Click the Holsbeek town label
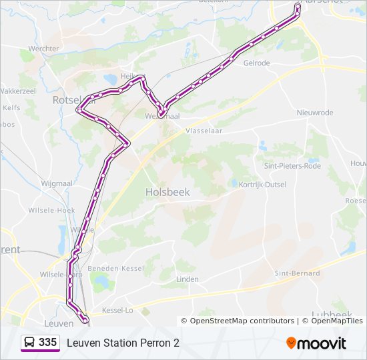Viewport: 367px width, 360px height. tap(167, 192)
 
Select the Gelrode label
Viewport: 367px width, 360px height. tap(257, 63)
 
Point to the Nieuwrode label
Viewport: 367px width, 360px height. tap(315, 113)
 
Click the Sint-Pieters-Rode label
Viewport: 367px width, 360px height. tap(292, 165)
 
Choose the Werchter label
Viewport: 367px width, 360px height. tap(43, 49)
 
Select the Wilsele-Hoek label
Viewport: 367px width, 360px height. tap(51, 209)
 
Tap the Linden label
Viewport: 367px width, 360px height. tap(188, 279)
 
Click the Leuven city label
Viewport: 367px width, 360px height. tap(57, 323)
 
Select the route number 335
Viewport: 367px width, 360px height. tap(47, 343)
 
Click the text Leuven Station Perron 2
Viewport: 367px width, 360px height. tap(123, 343)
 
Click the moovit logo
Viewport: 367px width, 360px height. tap(316, 343)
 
